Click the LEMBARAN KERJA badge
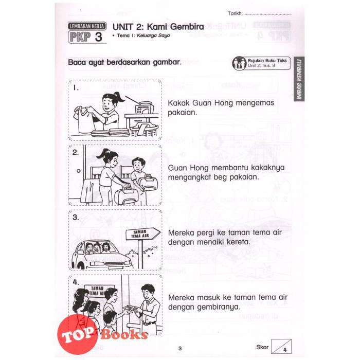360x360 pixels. (87, 26)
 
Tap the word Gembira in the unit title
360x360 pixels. (187, 27)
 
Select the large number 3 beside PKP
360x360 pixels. (98, 37)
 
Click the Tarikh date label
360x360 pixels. (235, 13)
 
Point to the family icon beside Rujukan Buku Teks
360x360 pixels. (239, 63)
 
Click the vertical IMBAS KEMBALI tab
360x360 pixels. (299, 79)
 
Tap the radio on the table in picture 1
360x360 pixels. (143, 107)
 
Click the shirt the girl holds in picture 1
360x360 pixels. (82, 119)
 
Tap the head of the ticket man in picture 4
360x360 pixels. (148, 292)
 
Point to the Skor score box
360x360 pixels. (281, 346)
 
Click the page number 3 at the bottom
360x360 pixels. (180, 349)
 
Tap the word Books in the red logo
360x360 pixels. (124, 335)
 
